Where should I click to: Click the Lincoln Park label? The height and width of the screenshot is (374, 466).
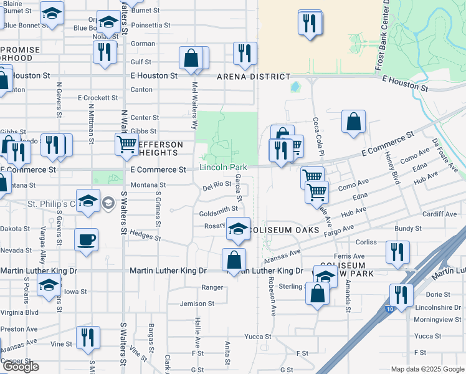(x=223, y=167)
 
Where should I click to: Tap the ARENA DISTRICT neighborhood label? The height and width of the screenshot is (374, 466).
(x=253, y=77)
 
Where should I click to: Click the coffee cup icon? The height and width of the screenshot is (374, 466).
(x=86, y=239)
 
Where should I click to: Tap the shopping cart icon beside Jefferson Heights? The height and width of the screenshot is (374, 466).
(x=126, y=144)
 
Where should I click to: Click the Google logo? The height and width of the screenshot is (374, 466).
(x=21, y=367)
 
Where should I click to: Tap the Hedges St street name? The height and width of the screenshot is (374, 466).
(x=145, y=236)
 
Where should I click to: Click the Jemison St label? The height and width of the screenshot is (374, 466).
(x=197, y=304)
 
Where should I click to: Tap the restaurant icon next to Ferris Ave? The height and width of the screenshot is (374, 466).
(x=397, y=252)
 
